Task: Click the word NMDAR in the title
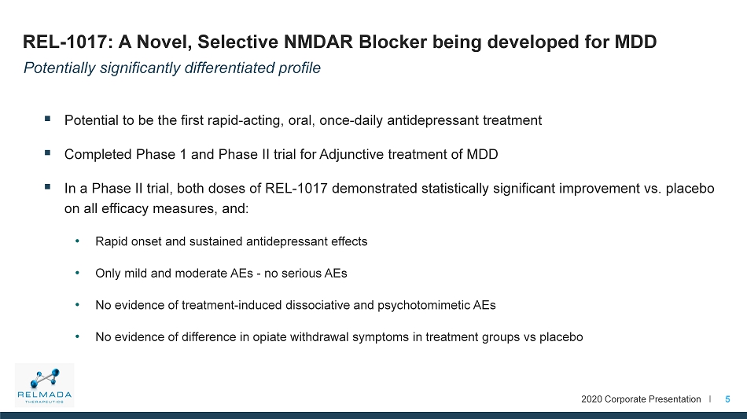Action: [x=318, y=42]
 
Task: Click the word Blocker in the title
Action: [x=393, y=42]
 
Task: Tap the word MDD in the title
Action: [x=635, y=42]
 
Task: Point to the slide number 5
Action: [x=727, y=399]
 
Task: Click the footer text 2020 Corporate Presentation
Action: [x=641, y=399]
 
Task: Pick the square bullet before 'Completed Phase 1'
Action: [x=48, y=153]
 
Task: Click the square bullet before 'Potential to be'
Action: [x=48, y=119]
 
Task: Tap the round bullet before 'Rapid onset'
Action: [x=77, y=241]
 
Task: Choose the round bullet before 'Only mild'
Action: [x=77, y=273]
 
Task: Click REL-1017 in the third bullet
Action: [x=296, y=189]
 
